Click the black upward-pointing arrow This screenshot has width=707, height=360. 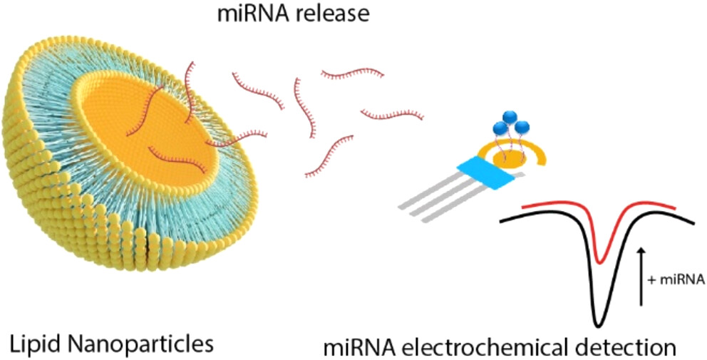(x=641, y=274)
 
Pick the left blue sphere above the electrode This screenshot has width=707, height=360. (x=500, y=129)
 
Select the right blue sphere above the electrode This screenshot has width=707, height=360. (x=522, y=128)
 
